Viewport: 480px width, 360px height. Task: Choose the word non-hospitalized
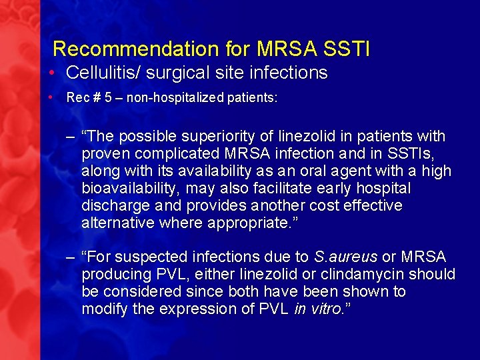pyautogui.click(x=169, y=98)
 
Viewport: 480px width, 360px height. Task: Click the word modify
pyautogui.click(x=102, y=309)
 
